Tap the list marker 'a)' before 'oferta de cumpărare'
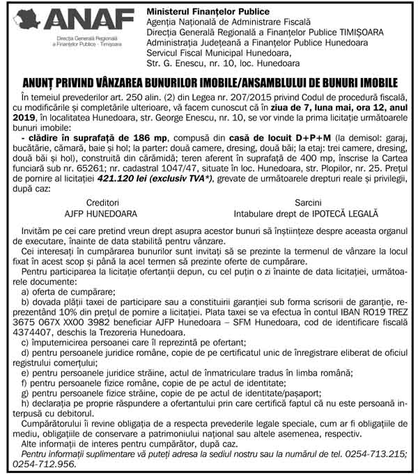click(x=26, y=273)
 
